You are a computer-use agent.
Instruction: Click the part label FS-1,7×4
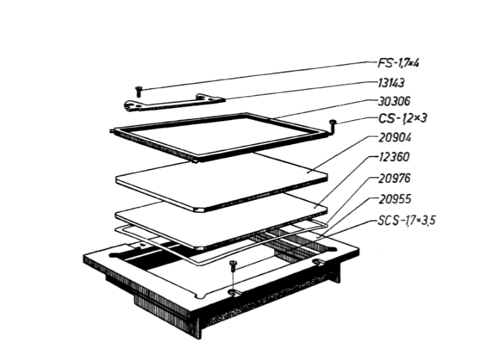[x=398, y=63]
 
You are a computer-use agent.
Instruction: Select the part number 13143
[x=391, y=83]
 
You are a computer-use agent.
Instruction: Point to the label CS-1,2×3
[x=403, y=118]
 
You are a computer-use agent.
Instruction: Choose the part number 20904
[x=395, y=138]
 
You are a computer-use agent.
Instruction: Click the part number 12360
[x=393, y=157]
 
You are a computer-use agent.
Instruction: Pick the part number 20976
[x=394, y=178]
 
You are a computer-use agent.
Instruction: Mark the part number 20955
[x=395, y=199]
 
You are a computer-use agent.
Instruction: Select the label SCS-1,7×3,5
[x=407, y=220]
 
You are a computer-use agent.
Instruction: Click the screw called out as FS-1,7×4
[x=138, y=91]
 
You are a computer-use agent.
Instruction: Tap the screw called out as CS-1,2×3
[x=332, y=125]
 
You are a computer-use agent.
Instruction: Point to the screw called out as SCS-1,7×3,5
[x=233, y=266]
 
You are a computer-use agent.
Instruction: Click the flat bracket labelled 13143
[x=174, y=103]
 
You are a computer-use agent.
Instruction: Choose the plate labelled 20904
[x=221, y=182]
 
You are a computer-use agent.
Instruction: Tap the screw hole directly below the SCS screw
[x=233, y=293]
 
